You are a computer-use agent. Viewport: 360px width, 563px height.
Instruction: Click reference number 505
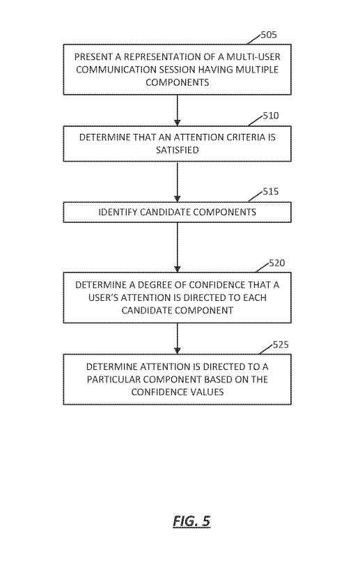point(269,35)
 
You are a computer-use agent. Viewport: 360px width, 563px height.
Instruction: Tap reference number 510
point(271,116)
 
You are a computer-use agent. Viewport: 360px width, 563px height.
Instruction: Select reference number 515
point(271,192)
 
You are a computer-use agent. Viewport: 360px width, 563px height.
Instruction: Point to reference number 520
point(276,263)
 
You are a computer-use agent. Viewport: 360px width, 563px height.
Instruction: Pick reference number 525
point(281,345)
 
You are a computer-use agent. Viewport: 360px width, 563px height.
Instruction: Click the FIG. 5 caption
point(191,521)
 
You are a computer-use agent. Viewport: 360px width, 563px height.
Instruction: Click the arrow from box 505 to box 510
point(178,110)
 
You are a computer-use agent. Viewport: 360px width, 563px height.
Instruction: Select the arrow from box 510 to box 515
point(178,182)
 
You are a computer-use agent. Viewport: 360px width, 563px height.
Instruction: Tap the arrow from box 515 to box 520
point(178,247)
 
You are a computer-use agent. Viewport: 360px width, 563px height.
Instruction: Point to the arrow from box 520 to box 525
point(178,339)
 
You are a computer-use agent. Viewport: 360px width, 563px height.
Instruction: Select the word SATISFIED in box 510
point(178,150)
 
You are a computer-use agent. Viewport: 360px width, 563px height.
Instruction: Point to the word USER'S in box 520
point(103,298)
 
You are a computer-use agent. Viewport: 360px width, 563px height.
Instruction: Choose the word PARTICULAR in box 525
point(110,380)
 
